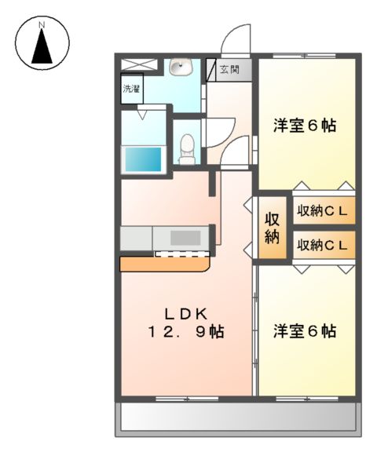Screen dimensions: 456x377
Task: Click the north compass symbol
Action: (43, 43)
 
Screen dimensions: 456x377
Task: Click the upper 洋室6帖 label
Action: (305, 125)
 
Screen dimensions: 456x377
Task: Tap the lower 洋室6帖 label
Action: (305, 330)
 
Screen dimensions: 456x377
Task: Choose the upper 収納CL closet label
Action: (322, 210)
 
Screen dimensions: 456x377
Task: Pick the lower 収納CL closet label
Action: (322, 245)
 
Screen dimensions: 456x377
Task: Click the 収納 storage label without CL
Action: (272, 226)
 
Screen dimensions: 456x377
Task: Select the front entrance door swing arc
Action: (234, 40)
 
